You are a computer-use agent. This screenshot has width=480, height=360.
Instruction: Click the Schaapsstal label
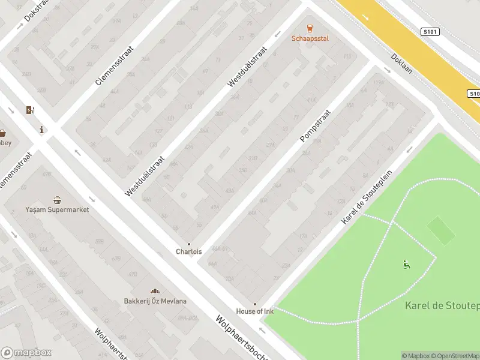(x=310, y=38)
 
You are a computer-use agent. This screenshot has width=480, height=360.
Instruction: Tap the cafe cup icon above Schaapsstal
(x=310, y=28)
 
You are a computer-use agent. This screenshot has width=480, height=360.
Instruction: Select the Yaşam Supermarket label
(x=57, y=210)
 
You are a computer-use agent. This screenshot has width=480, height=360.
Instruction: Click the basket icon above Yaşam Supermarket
(x=57, y=200)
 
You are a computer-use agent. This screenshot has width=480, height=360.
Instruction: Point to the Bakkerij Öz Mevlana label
(x=155, y=301)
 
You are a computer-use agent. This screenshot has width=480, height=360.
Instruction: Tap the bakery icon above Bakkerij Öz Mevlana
(x=155, y=291)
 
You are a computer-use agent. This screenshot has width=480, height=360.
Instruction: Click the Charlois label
(x=188, y=252)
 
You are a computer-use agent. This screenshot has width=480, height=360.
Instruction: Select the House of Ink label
(x=254, y=311)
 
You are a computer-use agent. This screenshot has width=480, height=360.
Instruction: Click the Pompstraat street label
(x=316, y=125)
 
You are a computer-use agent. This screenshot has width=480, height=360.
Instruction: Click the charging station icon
(x=30, y=110)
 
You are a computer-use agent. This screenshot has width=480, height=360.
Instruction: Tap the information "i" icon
(x=41, y=130)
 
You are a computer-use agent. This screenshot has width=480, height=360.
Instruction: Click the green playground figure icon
(x=407, y=264)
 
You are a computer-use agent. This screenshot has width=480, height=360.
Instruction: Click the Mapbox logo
(x=26, y=353)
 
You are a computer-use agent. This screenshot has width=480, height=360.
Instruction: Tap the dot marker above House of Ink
(x=254, y=304)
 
